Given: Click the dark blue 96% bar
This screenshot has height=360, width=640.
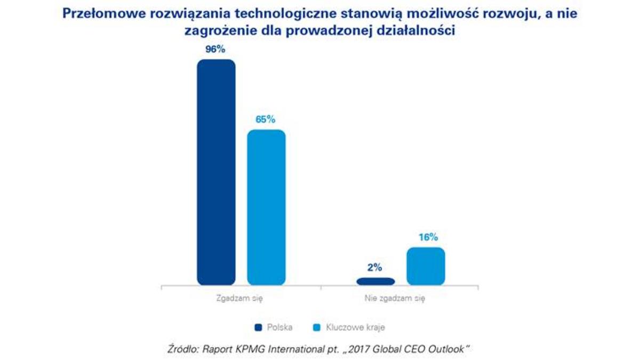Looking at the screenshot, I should pos(216,172).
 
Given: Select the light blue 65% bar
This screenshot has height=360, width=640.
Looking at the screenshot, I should pos(266,207).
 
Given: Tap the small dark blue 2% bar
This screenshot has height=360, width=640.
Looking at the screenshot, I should pos(376,281).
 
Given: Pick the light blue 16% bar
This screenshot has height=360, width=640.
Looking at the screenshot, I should pos(426,266).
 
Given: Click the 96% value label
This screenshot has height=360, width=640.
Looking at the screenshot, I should pos(215,49).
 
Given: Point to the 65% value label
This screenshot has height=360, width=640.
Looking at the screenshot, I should pos(266,119).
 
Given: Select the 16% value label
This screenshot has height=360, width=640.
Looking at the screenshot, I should pos(426,237).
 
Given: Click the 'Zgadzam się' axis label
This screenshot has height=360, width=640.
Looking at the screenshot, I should pos(241,299).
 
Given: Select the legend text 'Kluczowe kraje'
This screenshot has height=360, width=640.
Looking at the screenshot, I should pos(355,327).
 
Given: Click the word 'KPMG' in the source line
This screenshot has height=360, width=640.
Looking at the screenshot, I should pos(254,349).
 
